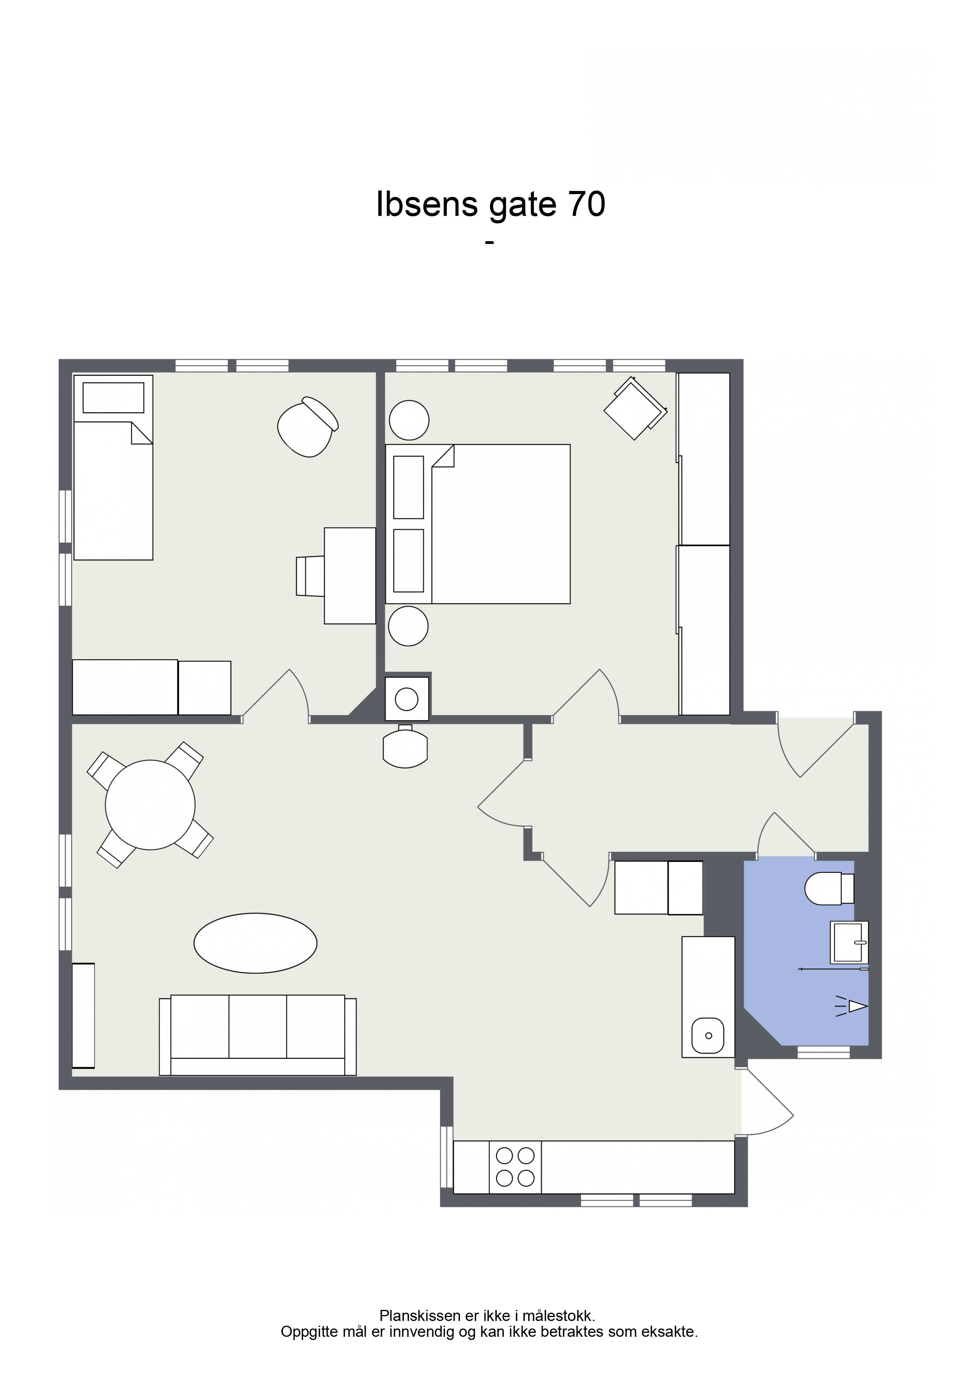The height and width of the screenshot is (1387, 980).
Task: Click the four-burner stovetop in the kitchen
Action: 515,1166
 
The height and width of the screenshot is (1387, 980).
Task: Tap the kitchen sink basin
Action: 708,1036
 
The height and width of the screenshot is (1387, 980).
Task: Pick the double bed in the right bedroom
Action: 478,524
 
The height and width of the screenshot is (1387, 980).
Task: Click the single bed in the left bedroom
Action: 113,468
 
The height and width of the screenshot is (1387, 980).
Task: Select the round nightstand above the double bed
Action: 409,420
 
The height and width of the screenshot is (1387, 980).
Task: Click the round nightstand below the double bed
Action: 408,626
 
